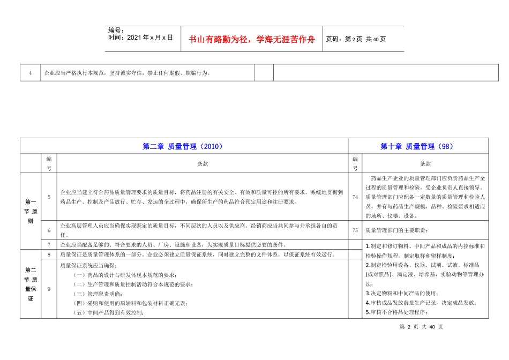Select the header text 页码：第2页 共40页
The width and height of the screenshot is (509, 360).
[x=356, y=39]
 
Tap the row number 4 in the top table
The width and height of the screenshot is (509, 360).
[x=31, y=73]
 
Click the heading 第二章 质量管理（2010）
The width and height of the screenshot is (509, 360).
[x=183, y=146]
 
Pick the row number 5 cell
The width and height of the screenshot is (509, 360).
[x=49, y=197]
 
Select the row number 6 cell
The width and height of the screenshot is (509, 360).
[x=49, y=230]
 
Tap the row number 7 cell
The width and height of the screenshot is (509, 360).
[x=49, y=245]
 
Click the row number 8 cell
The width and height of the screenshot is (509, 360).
[x=49, y=255]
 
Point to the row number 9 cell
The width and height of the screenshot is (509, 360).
[x=49, y=289]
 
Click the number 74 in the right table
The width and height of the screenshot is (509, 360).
[x=355, y=197]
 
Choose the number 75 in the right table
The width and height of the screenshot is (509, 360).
[x=355, y=230]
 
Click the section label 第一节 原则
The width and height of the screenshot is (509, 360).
[x=31, y=211]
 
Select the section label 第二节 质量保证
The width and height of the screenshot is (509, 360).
[x=31, y=284]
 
